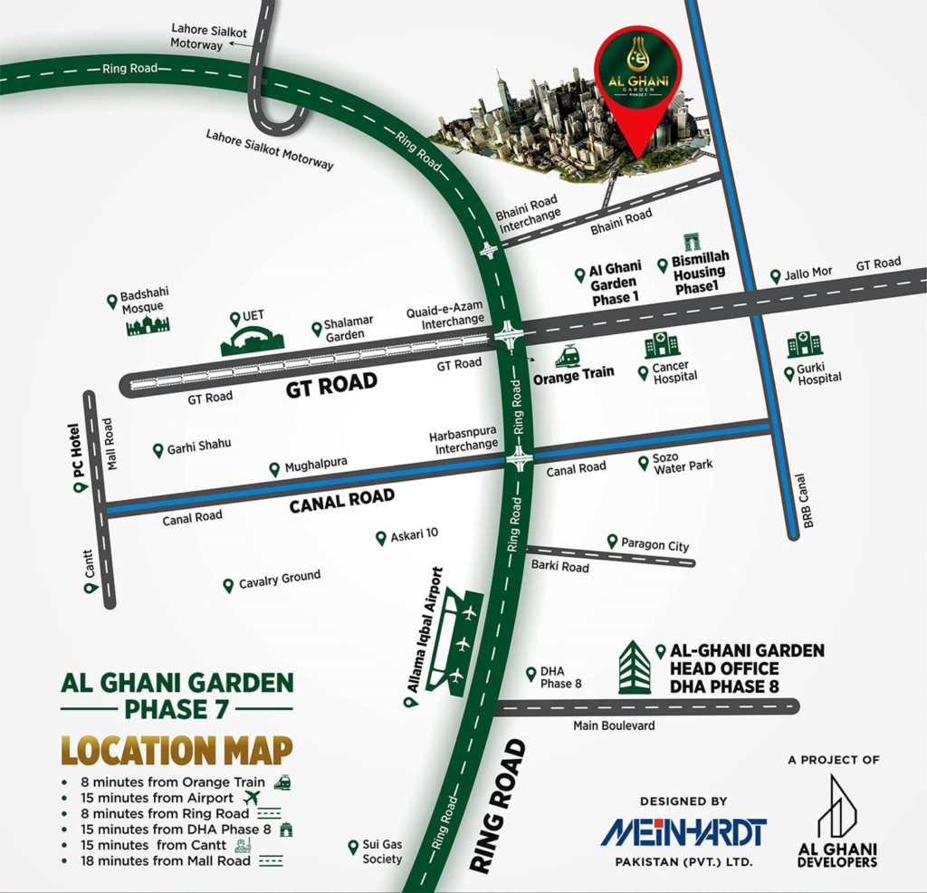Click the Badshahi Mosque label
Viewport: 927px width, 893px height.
(x=145, y=300)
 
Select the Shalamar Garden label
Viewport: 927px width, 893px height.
(x=345, y=329)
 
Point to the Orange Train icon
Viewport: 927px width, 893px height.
(x=569, y=355)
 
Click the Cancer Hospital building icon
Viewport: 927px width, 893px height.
(x=661, y=344)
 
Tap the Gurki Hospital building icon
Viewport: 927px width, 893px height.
(x=804, y=344)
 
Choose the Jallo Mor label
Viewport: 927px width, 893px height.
(x=808, y=273)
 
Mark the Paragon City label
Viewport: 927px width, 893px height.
(x=655, y=545)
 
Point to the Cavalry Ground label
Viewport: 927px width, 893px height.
(x=280, y=580)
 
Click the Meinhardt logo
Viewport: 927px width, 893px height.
(x=683, y=831)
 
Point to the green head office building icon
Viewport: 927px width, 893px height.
(x=634, y=667)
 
